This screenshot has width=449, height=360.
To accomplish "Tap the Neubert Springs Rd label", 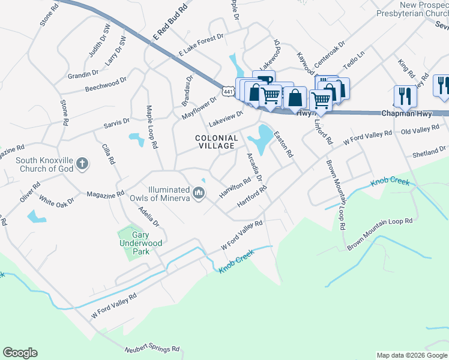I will (x=152, y=348).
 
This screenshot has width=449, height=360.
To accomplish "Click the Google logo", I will (x=20, y=353).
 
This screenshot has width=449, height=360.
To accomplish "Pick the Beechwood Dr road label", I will (x=106, y=84).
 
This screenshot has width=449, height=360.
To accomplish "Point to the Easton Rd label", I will (x=283, y=145).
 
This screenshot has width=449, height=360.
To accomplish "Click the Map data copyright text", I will (x=412, y=355).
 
